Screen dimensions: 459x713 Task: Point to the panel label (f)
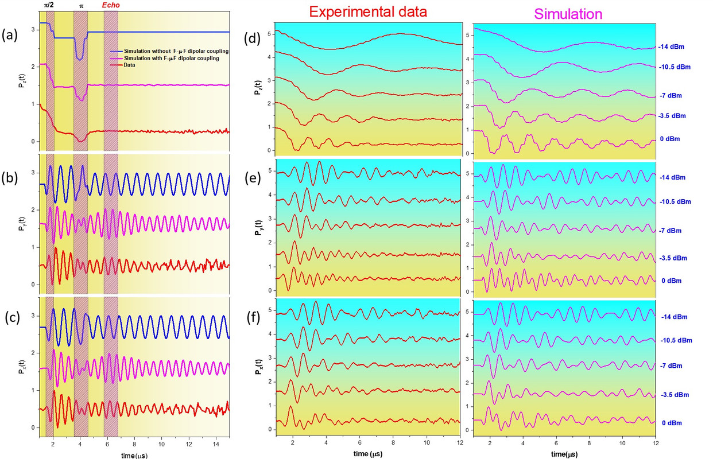[x=254, y=314]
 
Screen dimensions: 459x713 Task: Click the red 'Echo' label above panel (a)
[x=111, y=5]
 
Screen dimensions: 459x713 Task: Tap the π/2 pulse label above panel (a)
[x=50, y=5]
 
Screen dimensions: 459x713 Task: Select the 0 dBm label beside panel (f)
[x=672, y=423]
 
